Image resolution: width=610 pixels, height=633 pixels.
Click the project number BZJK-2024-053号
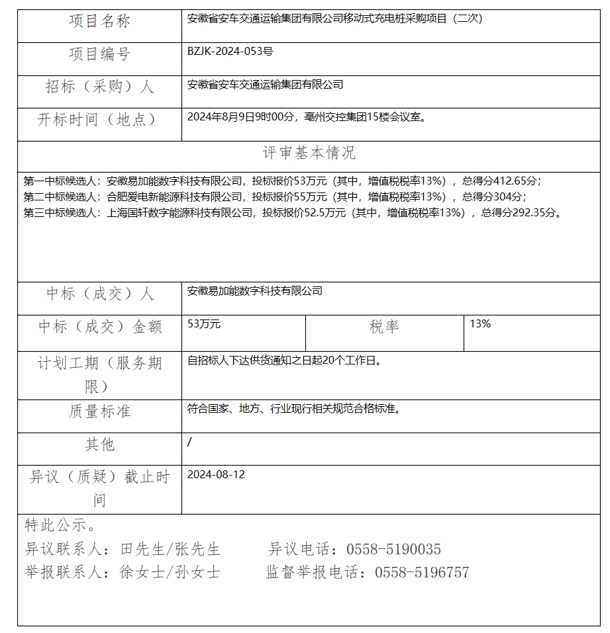tap(230, 50)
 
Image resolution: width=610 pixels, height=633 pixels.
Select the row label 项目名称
tap(99, 22)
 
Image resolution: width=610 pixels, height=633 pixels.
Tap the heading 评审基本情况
tap(309, 153)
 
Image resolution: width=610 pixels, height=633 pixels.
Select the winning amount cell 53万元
tap(204, 324)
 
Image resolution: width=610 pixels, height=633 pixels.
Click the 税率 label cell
tap(384, 327)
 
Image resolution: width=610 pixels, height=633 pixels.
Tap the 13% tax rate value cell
tap(480, 324)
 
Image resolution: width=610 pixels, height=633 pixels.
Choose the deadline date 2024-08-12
tap(216, 474)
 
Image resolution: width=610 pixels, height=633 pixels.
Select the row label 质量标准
tap(99, 411)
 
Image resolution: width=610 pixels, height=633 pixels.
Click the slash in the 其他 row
tap(189, 442)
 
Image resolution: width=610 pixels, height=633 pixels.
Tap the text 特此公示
tap(60, 526)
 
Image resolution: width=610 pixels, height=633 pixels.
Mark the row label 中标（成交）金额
tap(99, 327)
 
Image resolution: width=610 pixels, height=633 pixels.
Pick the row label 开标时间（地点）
tap(99, 120)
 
